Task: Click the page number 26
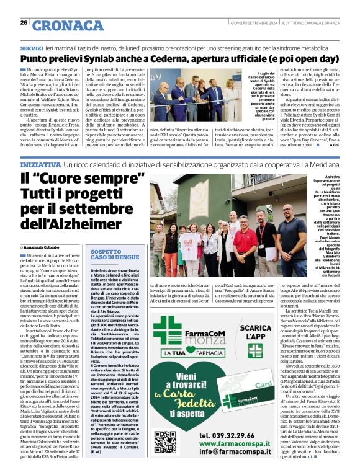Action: [24, 22]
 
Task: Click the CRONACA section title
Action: [68, 25]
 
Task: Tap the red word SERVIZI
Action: [31, 48]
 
